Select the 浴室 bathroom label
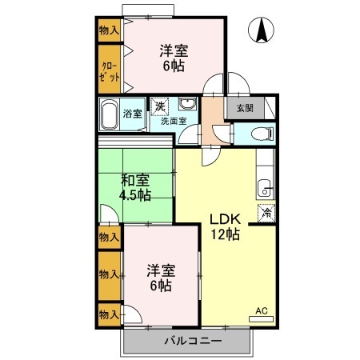[x=132, y=113]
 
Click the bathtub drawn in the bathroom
[x=110, y=114]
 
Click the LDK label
[x=224, y=219]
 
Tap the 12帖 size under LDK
[x=224, y=234]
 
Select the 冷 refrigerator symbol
[x=266, y=213]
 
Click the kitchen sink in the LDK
[x=266, y=189]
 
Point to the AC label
[x=262, y=310]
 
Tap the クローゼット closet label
[x=110, y=71]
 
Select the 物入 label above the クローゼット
[x=110, y=31]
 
